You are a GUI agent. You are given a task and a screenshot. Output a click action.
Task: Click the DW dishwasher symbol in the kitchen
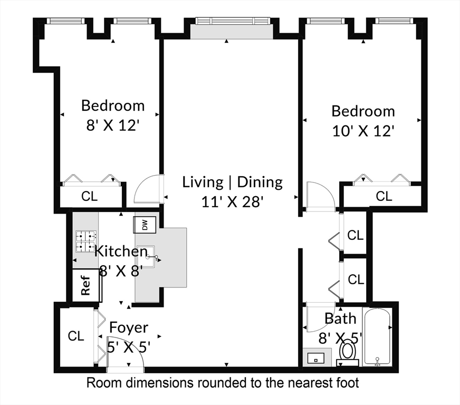145,225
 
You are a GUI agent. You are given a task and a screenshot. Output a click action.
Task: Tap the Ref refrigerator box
85,285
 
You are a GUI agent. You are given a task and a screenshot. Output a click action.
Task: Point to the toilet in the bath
348,351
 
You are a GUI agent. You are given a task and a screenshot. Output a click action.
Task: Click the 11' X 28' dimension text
233,201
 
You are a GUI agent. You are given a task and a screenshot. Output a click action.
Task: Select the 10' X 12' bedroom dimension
364,130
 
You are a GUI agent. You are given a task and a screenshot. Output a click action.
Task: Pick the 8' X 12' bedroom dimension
112,126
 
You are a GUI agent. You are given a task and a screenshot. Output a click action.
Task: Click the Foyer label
129,328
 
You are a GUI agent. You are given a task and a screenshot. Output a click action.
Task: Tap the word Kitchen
121,251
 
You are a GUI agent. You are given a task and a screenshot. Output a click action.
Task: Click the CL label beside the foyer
76,336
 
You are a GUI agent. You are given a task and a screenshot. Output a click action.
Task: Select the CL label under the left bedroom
89,196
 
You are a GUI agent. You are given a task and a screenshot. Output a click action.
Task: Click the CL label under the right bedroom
384,196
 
